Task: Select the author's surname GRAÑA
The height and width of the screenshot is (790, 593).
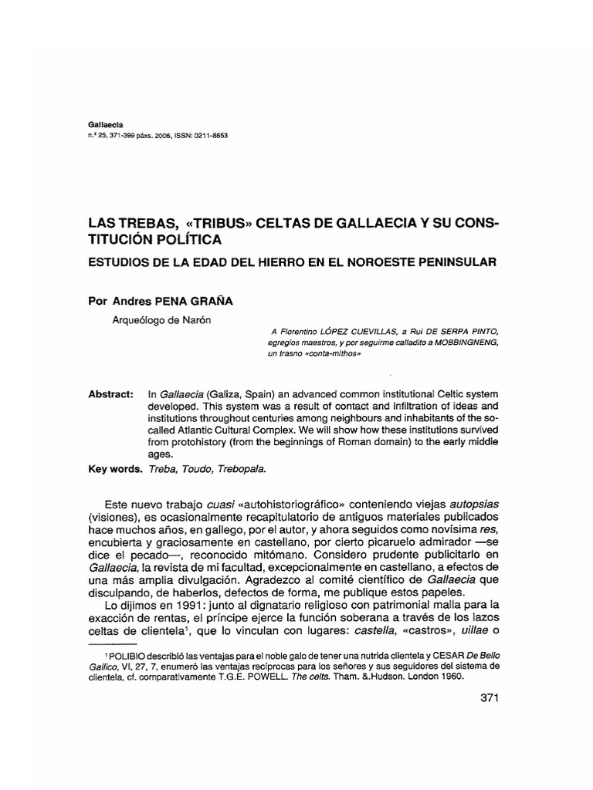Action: [x=212, y=302]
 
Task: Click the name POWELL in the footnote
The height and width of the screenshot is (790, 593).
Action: [x=276, y=677]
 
